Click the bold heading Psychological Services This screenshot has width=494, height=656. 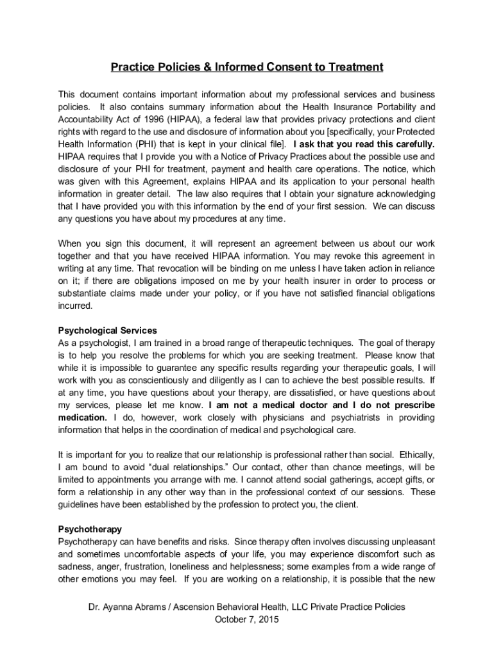[107, 331]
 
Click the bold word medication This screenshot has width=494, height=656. [82, 418]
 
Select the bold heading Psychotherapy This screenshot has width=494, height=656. [90, 530]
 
